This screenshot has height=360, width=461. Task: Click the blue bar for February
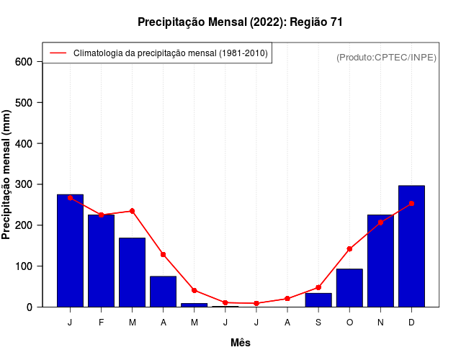(x=101, y=261)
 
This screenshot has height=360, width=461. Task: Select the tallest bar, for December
(x=411, y=246)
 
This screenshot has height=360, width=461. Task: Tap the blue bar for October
(x=349, y=288)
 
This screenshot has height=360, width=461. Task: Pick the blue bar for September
(x=318, y=300)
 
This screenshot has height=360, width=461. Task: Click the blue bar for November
(x=380, y=261)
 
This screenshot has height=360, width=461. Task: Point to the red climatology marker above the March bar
(x=132, y=211)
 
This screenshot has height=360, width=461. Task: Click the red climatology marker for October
(x=349, y=249)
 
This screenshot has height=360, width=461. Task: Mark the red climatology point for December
(x=411, y=204)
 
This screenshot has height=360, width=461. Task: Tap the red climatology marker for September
(x=318, y=287)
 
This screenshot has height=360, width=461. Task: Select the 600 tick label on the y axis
(x=24, y=62)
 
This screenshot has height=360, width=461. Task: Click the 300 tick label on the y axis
(x=24, y=184)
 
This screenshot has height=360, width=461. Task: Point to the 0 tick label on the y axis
(x=29, y=307)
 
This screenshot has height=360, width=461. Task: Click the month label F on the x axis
(x=101, y=323)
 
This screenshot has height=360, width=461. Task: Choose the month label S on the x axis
(x=318, y=323)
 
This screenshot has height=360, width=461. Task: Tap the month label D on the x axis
(x=411, y=323)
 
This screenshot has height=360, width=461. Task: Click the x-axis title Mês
(x=241, y=343)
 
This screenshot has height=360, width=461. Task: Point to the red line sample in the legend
(x=58, y=53)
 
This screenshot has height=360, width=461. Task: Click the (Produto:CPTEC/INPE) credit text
(x=386, y=57)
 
